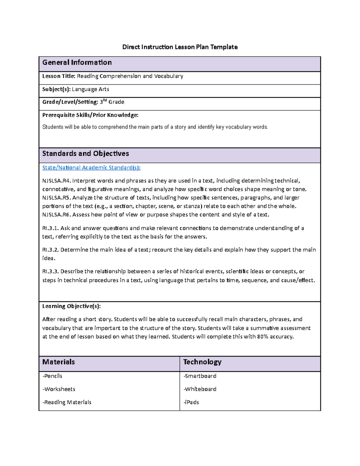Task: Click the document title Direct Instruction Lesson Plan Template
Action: (180, 47)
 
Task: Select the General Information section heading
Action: (77, 62)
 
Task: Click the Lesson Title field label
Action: (58, 76)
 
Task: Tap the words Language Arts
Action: (90, 89)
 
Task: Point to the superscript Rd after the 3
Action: (105, 100)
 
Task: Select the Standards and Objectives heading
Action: (85, 154)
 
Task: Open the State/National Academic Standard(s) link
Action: (91, 167)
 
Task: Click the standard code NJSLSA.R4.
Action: (56, 181)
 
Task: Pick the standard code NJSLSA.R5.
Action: (56, 198)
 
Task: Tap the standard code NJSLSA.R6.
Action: (56, 215)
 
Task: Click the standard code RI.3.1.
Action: (50, 228)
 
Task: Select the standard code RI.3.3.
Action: (50, 272)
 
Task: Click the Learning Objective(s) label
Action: (71, 306)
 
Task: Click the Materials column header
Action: (58, 362)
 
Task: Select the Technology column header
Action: (202, 362)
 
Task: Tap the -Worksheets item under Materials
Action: (59, 389)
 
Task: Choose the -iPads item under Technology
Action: (191, 402)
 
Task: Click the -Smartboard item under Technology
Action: (200, 376)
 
